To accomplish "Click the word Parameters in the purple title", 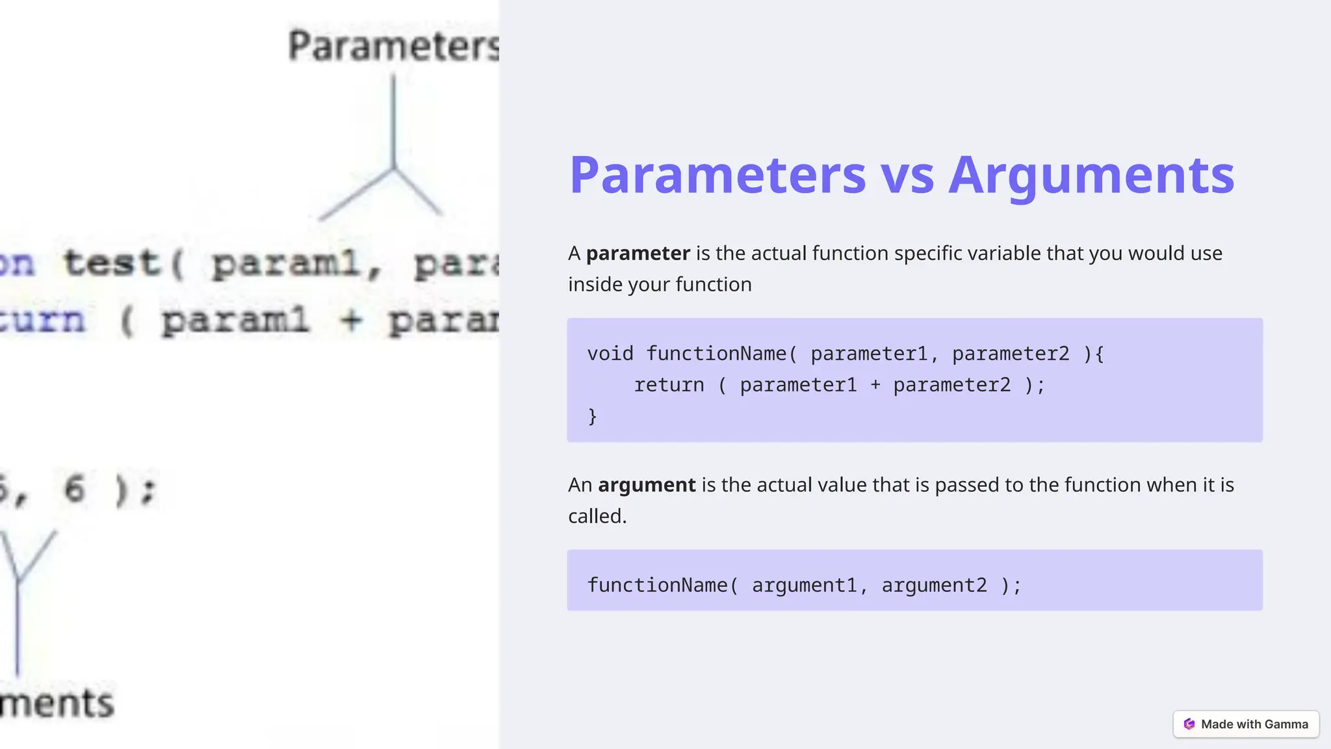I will (717, 175).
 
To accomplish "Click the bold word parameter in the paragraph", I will (638, 253).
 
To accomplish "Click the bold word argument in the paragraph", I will (647, 484).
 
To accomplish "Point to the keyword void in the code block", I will (610, 354).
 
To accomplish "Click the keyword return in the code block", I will (669, 385).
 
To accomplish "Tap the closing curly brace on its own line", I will (592, 416).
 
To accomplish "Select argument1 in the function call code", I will (804, 585).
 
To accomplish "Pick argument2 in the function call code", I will (934, 585).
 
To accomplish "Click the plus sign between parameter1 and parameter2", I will (875, 385).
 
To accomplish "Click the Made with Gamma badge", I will (1246, 724).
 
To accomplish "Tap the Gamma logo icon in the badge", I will (1189, 724).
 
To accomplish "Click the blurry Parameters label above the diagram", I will (393, 46).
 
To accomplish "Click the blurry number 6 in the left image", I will (75, 489).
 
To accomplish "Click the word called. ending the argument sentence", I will (597, 516).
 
